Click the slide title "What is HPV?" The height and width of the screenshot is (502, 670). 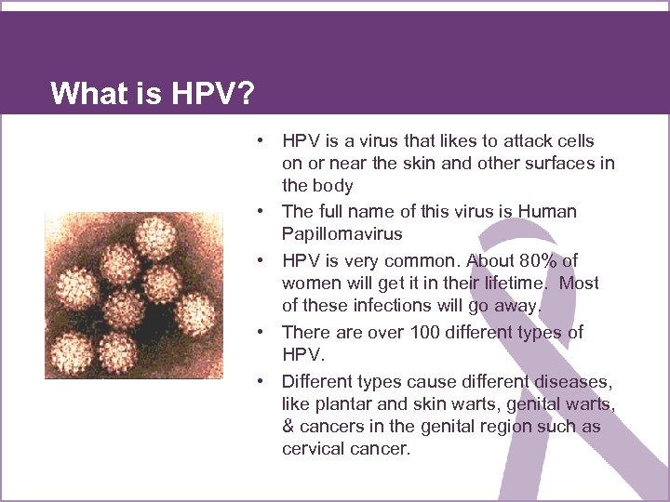(154, 93)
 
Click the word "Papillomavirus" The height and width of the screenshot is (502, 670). (342, 234)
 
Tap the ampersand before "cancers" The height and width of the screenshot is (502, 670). (288, 427)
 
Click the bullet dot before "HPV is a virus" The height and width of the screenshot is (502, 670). (264, 140)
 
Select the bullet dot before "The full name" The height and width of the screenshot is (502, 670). (264, 212)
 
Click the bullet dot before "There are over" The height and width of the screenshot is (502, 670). (264, 332)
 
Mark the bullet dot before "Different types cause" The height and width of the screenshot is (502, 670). (264, 381)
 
